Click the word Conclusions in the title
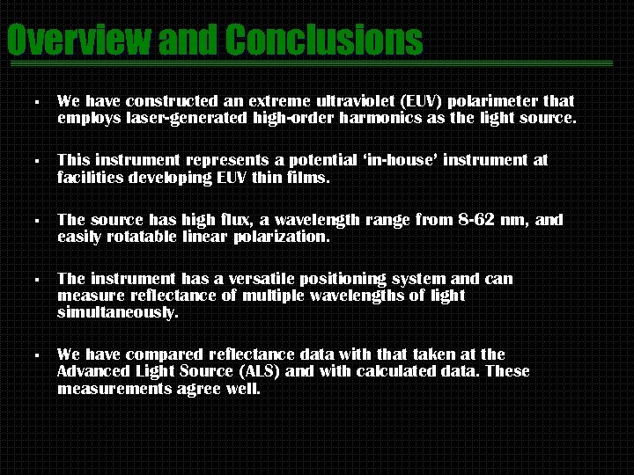(323, 40)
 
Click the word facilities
(89, 177)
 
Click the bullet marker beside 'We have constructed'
(35, 103)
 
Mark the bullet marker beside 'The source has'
(35, 221)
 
